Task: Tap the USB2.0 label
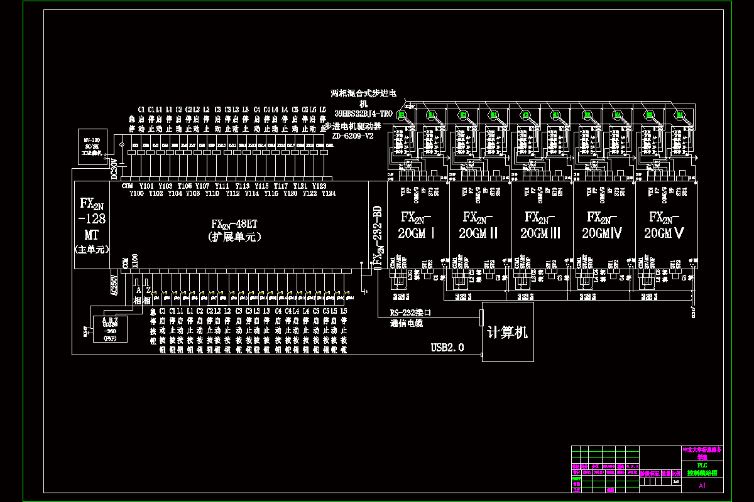[447, 348]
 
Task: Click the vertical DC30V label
[114, 169]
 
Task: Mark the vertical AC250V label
[114, 284]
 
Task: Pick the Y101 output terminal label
[146, 186]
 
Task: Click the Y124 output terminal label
[328, 193]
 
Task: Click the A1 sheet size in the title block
[702, 485]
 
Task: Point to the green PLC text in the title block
[702, 465]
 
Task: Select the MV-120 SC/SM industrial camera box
[92, 148]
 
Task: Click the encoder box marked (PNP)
[110, 328]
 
